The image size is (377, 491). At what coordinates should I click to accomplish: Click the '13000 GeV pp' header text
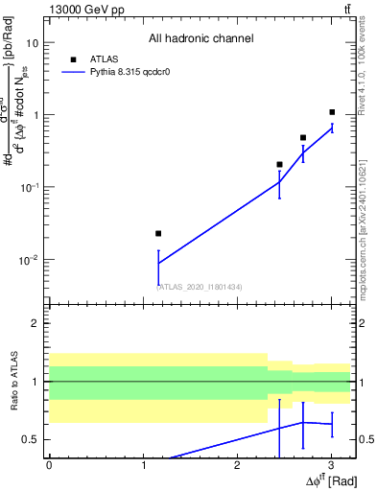pyautogui.click(x=84, y=9)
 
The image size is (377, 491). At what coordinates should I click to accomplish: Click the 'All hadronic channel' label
pyautogui.click(x=200, y=38)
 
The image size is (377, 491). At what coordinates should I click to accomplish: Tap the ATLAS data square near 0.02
pyautogui.click(x=158, y=233)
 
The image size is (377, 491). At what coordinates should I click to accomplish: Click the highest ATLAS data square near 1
pyautogui.click(x=332, y=112)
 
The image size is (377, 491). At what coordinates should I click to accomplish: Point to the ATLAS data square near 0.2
pyautogui.click(x=279, y=164)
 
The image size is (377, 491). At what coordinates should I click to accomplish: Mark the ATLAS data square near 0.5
pyautogui.click(x=303, y=137)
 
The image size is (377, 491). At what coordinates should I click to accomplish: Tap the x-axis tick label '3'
pyautogui.click(x=331, y=464)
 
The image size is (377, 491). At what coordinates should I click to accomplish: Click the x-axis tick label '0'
pyautogui.click(x=49, y=464)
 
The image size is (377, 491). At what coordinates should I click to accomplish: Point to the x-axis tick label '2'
pyautogui.click(x=237, y=464)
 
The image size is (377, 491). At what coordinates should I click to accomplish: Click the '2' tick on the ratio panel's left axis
pyautogui.click(x=37, y=323)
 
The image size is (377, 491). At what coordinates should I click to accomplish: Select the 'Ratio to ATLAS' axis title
pyautogui.click(x=14, y=382)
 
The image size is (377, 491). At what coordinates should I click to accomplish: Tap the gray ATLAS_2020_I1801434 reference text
pyautogui.click(x=200, y=286)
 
